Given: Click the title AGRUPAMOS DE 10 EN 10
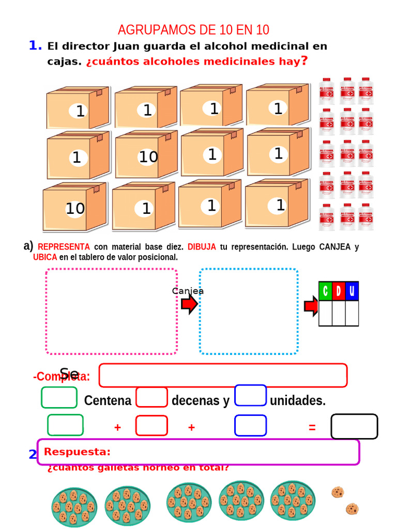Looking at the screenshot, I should pyautogui.click(x=193, y=30).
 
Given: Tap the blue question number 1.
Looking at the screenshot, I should pyautogui.click(x=35, y=46).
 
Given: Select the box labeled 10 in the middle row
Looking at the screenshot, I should pyautogui.click(x=145, y=155).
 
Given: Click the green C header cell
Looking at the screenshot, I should pyautogui.click(x=325, y=291).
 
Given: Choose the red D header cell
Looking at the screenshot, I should pyautogui.click(x=339, y=291).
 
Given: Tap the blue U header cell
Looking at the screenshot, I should pyautogui.click(x=352, y=291).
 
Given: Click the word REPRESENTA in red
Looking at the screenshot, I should pyautogui.click(x=64, y=247).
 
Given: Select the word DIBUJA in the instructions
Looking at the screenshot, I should pyautogui.click(x=202, y=247).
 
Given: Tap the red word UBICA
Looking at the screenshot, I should pyautogui.click(x=45, y=257).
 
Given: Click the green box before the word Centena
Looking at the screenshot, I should pyautogui.click(x=59, y=398).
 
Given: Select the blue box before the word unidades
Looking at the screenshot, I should pyautogui.click(x=251, y=396).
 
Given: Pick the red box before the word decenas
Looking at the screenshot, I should pyautogui.click(x=152, y=398).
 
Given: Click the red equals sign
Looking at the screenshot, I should pyautogui.click(x=312, y=427).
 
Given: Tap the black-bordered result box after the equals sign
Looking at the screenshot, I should pyautogui.click(x=354, y=427).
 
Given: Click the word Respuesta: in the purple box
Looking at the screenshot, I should pyautogui.click(x=78, y=452).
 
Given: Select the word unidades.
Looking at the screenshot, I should pyautogui.click(x=298, y=401).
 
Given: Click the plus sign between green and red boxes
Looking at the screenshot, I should pyautogui.click(x=117, y=427).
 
